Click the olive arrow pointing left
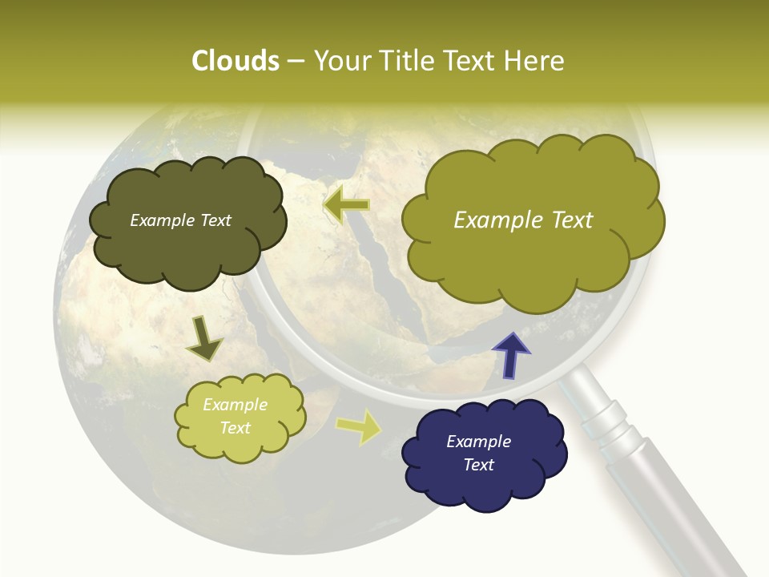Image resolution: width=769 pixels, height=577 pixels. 346,205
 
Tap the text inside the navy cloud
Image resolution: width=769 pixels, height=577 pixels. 478,453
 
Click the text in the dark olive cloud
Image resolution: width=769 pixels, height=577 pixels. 180,220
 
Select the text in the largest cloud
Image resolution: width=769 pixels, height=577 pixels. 523,220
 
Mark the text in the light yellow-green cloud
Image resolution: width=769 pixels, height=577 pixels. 235,416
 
